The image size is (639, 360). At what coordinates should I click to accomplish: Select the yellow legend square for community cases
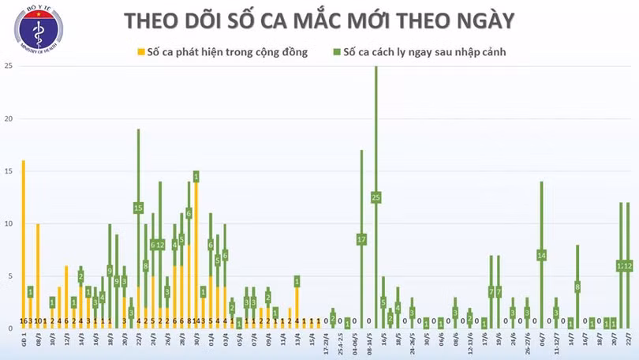tap(141, 52)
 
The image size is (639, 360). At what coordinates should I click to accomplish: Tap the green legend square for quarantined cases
tap(335, 52)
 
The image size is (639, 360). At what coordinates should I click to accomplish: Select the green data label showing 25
tap(376, 197)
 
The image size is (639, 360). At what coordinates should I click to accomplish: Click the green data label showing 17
tap(361, 239)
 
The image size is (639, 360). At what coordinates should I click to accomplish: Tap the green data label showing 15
tap(138, 208)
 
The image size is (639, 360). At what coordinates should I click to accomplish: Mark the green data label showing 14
tap(541, 255)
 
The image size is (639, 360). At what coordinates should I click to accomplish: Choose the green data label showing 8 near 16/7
tap(577, 287)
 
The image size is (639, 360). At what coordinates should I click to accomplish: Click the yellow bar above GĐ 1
tap(23, 237)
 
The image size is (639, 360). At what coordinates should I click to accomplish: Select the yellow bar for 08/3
tap(37, 268)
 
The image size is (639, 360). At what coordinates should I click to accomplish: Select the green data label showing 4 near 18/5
tap(398, 307)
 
